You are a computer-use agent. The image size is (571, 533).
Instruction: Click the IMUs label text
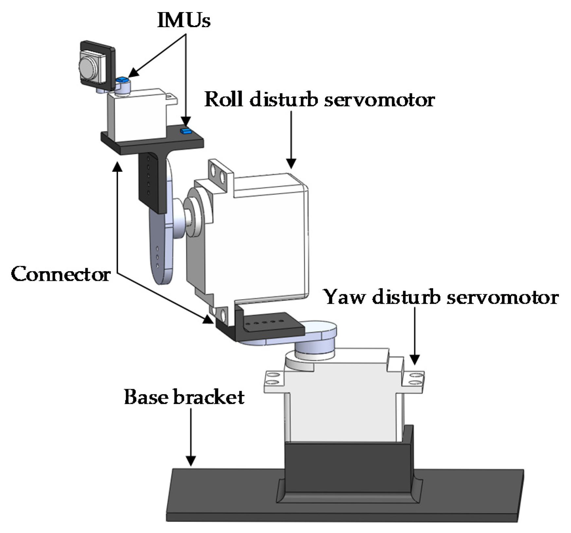(184, 20)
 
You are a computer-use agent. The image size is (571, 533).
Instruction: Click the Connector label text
(61, 274)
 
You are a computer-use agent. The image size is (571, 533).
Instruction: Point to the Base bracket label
(184, 397)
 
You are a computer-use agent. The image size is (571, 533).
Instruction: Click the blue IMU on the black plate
(186, 131)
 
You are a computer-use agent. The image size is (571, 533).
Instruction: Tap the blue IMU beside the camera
(122, 79)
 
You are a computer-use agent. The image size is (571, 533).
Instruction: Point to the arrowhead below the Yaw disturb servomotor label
(414, 360)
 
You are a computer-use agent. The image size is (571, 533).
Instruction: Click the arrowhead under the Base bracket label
(191, 461)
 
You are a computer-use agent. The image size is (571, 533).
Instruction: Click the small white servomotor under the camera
(138, 114)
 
